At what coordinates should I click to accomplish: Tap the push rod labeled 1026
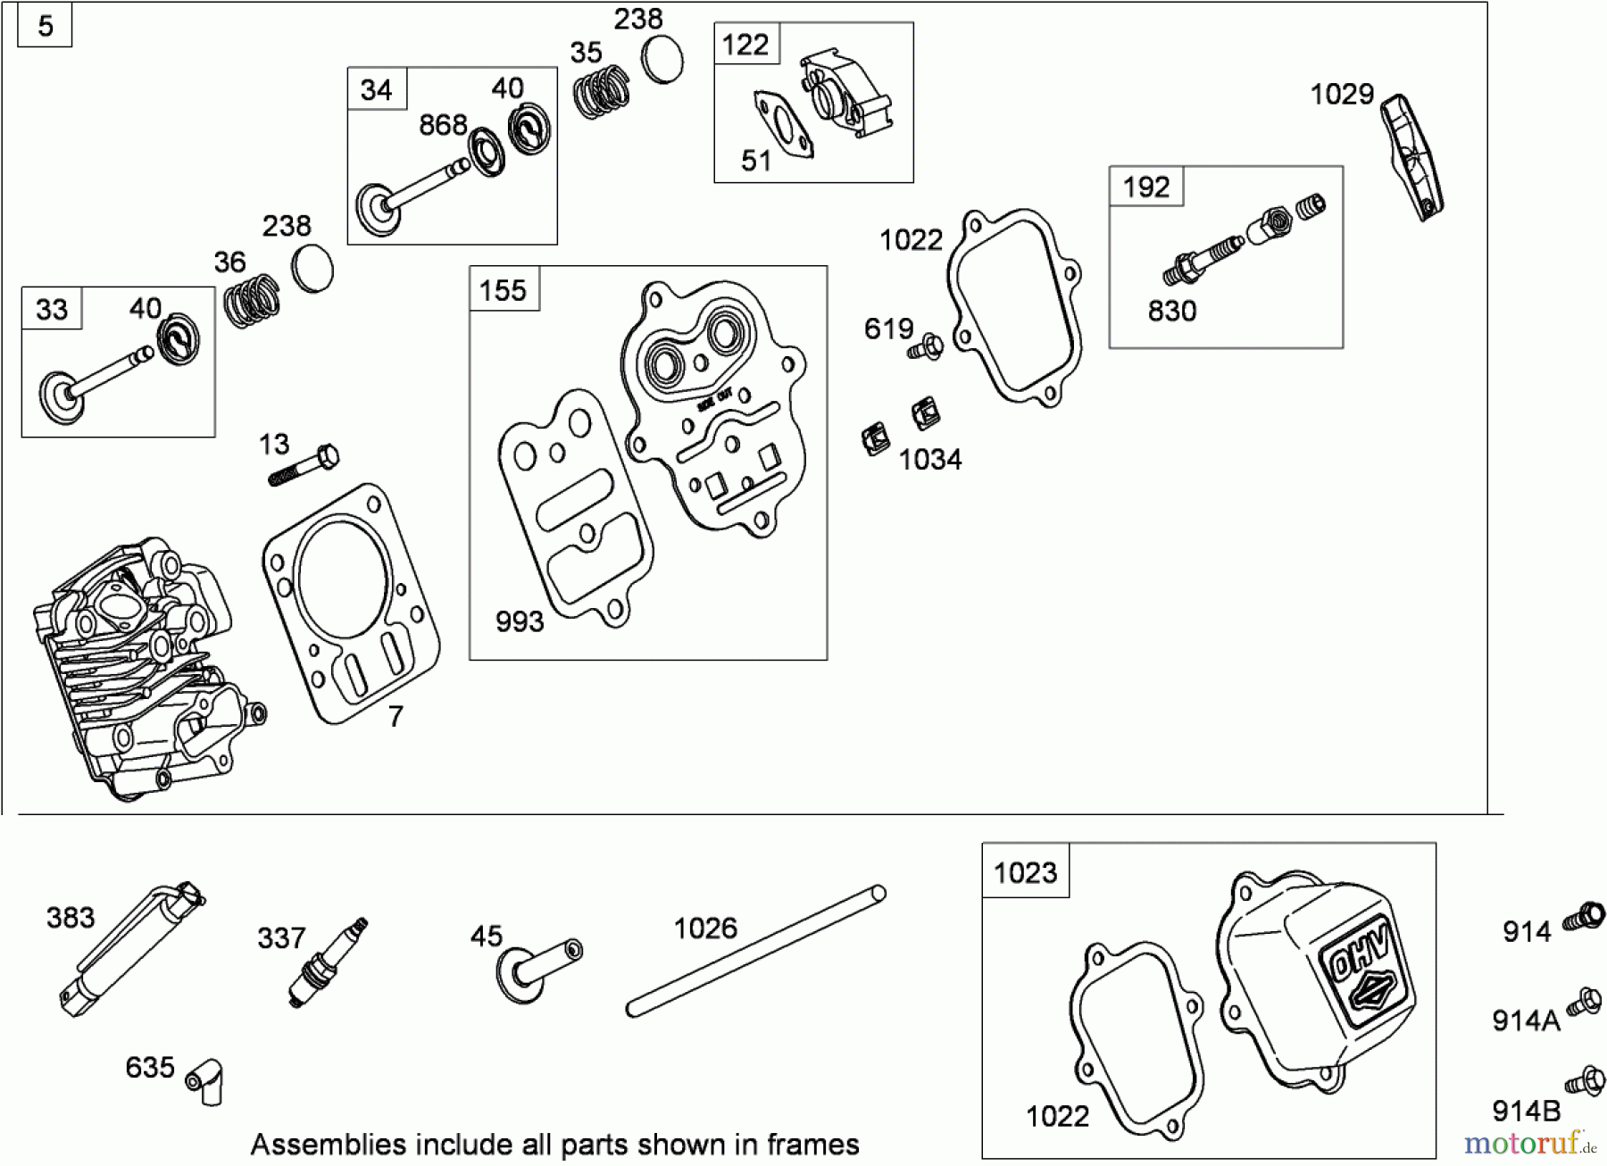(755, 952)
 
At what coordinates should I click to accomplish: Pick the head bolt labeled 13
(304, 465)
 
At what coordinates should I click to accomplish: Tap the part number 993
(519, 621)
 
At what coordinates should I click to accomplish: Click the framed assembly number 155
(504, 290)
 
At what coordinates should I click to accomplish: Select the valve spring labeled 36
(252, 302)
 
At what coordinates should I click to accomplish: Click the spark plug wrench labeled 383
(133, 947)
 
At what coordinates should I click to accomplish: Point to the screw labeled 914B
(1586, 1080)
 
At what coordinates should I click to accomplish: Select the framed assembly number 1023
(1025, 871)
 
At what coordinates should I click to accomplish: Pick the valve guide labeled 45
(539, 969)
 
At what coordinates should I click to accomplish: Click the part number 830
(1171, 311)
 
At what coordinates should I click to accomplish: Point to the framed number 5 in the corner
(46, 26)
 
